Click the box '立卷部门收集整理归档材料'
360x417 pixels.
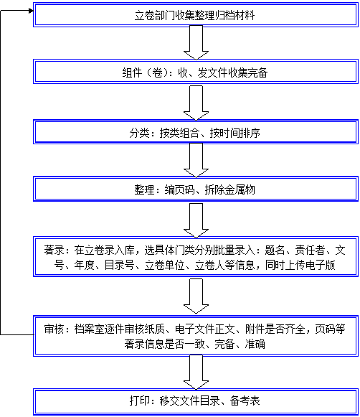coord(196,15)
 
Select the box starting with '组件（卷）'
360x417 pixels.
coord(196,72)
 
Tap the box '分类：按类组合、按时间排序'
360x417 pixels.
coord(196,132)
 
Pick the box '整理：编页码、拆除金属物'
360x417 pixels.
coord(196,189)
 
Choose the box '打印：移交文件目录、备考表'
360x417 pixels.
coord(196,402)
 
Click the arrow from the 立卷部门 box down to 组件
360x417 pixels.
coord(196,42)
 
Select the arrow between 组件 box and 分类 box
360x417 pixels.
coord(196,103)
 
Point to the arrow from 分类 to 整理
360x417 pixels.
coord(196,160)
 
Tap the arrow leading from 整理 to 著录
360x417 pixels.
coord(196,220)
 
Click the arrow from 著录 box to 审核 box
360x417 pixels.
coord(196,296)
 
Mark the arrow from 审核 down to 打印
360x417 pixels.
coord(196,373)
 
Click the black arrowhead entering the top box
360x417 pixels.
coord(31,11)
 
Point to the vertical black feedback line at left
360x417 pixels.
coord(1,172)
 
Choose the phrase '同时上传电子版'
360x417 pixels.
coord(300,265)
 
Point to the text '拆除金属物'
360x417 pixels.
coord(229,189)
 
